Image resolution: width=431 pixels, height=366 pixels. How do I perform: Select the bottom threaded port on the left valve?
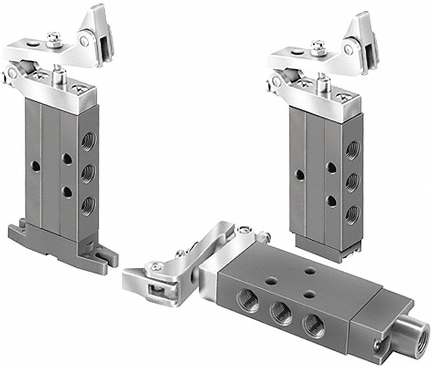pyautogui.click(x=86, y=206)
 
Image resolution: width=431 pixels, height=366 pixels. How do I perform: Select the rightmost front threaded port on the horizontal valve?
pyautogui.click(x=313, y=323)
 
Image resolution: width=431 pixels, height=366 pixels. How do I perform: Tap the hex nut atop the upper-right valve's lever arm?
pyautogui.click(x=317, y=44)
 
